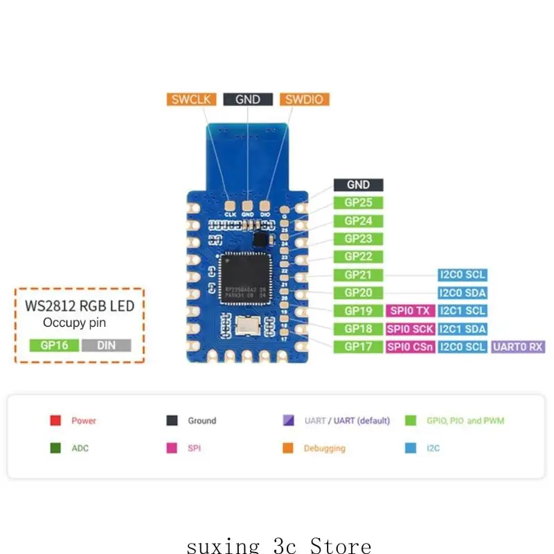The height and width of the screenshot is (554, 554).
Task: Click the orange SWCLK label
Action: coord(191,99)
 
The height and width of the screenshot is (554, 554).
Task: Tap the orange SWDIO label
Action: coord(305,99)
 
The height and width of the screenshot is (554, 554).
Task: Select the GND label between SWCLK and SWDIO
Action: coord(248,99)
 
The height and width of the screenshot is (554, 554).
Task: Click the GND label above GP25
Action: coord(358,185)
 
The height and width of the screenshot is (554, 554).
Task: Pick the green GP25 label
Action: coord(358,203)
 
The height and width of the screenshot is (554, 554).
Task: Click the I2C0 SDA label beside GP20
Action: coord(463,293)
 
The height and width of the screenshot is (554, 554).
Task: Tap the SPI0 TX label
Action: coord(411,311)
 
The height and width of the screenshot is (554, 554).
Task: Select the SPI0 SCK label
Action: coord(411,329)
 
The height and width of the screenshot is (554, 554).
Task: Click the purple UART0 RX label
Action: coord(518,347)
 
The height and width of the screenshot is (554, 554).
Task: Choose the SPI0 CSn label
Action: coord(411,347)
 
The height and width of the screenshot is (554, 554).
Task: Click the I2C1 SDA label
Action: coord(463,329)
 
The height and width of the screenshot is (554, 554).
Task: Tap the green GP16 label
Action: coord(54,345)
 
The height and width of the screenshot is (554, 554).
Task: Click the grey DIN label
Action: coord(106,345)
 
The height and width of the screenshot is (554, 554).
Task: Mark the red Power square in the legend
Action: coord(56,420)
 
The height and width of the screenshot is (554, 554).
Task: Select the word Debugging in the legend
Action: coord(324,448)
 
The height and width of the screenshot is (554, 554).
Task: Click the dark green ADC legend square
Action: coord(56,448)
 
